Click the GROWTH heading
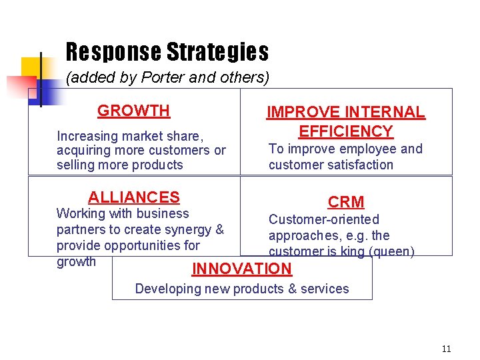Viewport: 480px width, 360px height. coord(133,111)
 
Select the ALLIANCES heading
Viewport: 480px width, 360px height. coord(134,197)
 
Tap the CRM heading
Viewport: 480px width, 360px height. coord(346,202)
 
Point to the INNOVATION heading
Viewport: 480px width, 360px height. coord(242,269)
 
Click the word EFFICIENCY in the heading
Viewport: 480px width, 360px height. coord(346,131)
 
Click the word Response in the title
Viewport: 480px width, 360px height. coord(113,51)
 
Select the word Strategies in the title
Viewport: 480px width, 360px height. coord(217,51)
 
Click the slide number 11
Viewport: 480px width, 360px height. coord(446,349)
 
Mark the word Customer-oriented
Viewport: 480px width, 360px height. coord(323,219)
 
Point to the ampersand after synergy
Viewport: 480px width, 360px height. coord(220,229)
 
